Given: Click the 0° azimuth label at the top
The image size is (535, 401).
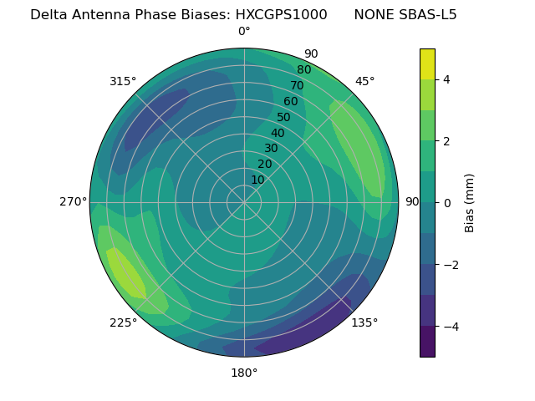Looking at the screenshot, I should [244, 32].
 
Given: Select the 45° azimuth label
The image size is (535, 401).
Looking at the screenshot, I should [364, 81].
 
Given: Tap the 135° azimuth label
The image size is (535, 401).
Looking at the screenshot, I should [364, 322].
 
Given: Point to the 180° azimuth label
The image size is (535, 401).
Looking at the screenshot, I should [244, 373].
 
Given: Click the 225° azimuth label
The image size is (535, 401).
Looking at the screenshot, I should [123, 322].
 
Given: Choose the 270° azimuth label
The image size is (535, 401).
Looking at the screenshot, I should [74, 201].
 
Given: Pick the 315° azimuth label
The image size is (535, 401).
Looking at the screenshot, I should [123, 81].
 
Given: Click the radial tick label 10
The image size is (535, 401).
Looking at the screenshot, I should [257, 180].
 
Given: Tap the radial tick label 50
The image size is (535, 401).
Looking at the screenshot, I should [283, 117].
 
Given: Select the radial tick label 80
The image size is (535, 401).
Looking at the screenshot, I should [303, 69].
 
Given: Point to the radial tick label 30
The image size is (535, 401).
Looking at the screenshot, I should [271, 148].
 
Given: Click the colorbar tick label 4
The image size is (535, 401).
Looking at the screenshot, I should [446, 79].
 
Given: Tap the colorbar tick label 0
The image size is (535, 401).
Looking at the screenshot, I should [446, 203].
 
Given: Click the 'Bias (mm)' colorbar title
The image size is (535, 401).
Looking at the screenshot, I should [470, 203].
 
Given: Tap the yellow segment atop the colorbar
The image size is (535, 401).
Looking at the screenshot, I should [427, 63].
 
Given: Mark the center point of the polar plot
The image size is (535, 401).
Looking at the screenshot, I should [244, 202].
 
